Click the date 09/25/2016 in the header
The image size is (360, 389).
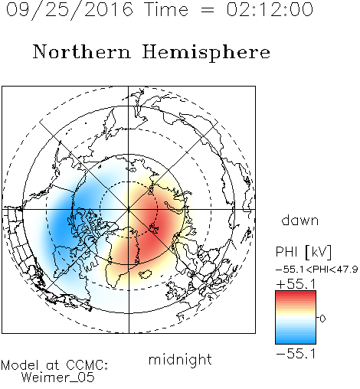pos(70,10)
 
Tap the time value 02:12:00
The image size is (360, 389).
pos(270,9)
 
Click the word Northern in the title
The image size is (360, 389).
pos(82,51)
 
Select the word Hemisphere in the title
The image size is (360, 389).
pos(206,53)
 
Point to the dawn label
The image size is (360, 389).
pos(300,220)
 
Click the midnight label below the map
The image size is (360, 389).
pos(180,359)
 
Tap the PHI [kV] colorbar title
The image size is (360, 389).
pos(303,252)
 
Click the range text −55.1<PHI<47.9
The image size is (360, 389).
pos(316,270)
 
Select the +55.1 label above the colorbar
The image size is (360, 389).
pos(296,284)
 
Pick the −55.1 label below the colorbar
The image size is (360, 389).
pos(296,354)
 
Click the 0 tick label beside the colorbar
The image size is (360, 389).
pos(322,319)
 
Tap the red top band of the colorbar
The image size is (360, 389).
pos(296,294)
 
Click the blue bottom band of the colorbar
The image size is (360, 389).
pos(296,341)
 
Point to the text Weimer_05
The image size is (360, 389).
pos(58,378)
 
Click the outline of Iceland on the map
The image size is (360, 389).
pos(145,273)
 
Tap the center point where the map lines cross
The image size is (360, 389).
pos(129,209)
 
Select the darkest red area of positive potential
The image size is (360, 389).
pos(151,224)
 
